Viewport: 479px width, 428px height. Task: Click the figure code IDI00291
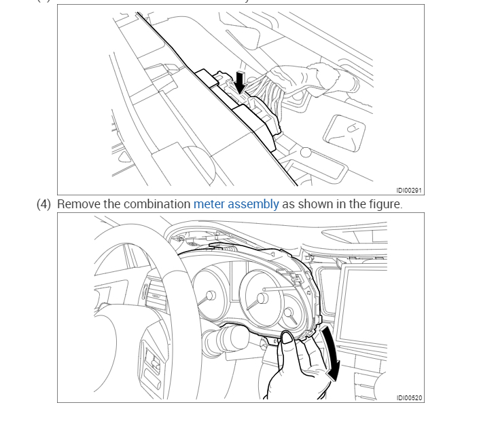pyautogui.click(x=410, y=191)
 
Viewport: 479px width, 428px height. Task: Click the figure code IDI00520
pyautogui.click(x=410, y=398)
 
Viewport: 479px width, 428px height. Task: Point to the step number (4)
pyautogui.click(x=43, y=204)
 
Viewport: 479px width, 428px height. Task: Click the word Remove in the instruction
pyautogui.click(x=78, y=204)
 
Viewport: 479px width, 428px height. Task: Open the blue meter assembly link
pyautogui.click(x=236, y=204)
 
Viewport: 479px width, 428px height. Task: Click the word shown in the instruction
pyautogui.click(x=317, y=204)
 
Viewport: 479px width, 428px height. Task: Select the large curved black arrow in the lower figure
pyautogui.click(x=331, y=353)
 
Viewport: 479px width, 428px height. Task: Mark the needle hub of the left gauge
pyautogui.click(x=210, y=296)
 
